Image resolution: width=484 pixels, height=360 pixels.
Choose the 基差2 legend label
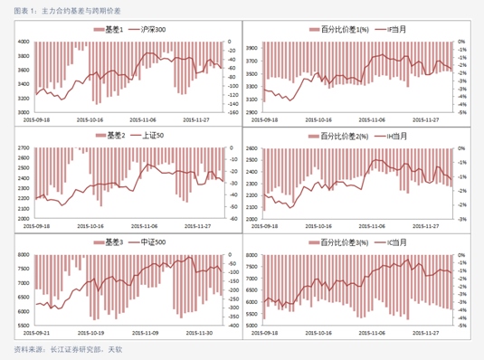[114, 136]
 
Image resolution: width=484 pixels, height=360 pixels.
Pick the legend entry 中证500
[152, 243]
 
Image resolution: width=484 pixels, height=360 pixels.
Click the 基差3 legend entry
[114, 243]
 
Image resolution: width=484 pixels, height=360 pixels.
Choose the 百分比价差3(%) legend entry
[339, 243]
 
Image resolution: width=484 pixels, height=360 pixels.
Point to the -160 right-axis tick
[233, 112]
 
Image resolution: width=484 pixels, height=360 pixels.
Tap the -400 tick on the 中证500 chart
[233, 326]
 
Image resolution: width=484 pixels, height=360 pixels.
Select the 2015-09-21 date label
[37, 332]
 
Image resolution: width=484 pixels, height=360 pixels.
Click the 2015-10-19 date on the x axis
[90, 332]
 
